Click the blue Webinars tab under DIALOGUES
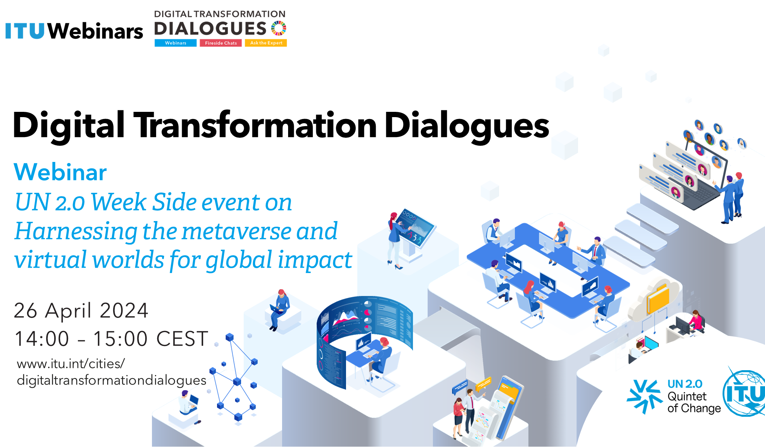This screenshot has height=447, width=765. (x=176, y=43)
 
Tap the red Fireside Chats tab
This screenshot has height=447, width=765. (x=221, y=43)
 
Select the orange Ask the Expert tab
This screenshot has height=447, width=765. (x=266, y=43)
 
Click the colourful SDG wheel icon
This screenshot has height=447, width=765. (x=279, y=28)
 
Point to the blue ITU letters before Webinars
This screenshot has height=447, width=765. (x=25, y=31)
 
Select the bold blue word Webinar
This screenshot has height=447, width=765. (x=60, y=172)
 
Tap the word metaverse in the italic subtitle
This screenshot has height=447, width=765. (x=236, y=231)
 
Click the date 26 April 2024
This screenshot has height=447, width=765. (x=81, y=311)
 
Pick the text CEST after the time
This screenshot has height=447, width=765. (x=182, y=339)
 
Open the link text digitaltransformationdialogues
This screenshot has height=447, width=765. (x=112, y=380)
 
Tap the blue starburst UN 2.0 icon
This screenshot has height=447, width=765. (x=644, y=396)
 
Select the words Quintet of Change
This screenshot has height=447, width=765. (x=694, y=402)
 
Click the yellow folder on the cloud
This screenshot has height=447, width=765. (x=658, y=299)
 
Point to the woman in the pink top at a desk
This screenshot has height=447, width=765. (x=696, y=322)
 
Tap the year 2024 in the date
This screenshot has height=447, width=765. (x=124, y=311)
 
